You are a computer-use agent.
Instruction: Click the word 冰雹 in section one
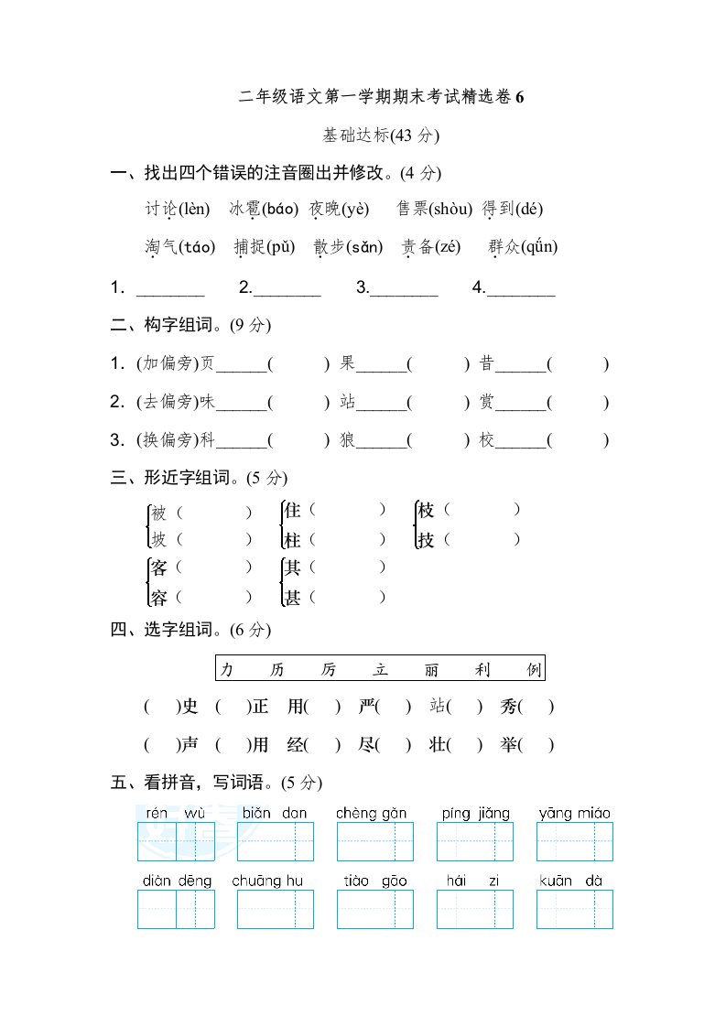tap(244, 209)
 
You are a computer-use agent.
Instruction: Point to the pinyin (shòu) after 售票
tap(450, 209)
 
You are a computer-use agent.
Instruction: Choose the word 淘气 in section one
tap(161, 246)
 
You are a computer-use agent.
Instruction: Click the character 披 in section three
tap(159, 540)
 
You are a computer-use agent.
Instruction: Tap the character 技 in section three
tap(426, 540)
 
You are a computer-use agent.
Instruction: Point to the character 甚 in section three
tap(293, 598)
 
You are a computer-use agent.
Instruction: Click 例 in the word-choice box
tap(534, 670)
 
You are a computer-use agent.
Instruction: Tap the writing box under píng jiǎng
tap(475, 841)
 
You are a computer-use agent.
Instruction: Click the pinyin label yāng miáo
tap(574, 813)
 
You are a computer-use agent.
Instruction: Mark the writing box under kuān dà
tap(574, 909)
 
